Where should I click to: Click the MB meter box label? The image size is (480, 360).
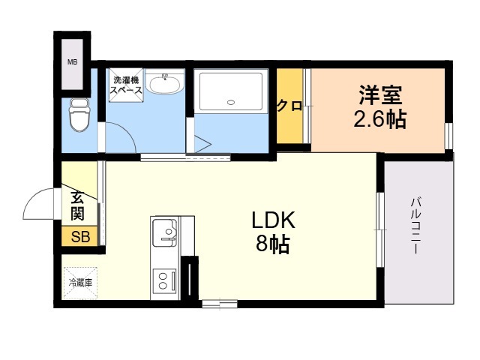point(72,62)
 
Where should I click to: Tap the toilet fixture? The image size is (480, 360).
point(79,115)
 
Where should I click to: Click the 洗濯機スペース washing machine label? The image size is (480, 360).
point(126,85)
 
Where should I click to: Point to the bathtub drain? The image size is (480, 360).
point(231,102)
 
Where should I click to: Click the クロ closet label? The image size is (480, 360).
point(289,106)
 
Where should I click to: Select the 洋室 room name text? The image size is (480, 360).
point(380,95)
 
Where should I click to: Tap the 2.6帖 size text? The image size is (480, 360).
point(380,118)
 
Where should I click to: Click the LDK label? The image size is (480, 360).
point(273,220)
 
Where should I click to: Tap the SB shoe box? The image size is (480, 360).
point(80,236)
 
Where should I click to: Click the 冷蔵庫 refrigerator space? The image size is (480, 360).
point(80,283)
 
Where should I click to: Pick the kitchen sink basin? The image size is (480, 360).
point(165,232)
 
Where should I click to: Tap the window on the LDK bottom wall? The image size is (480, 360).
point(220,304)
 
